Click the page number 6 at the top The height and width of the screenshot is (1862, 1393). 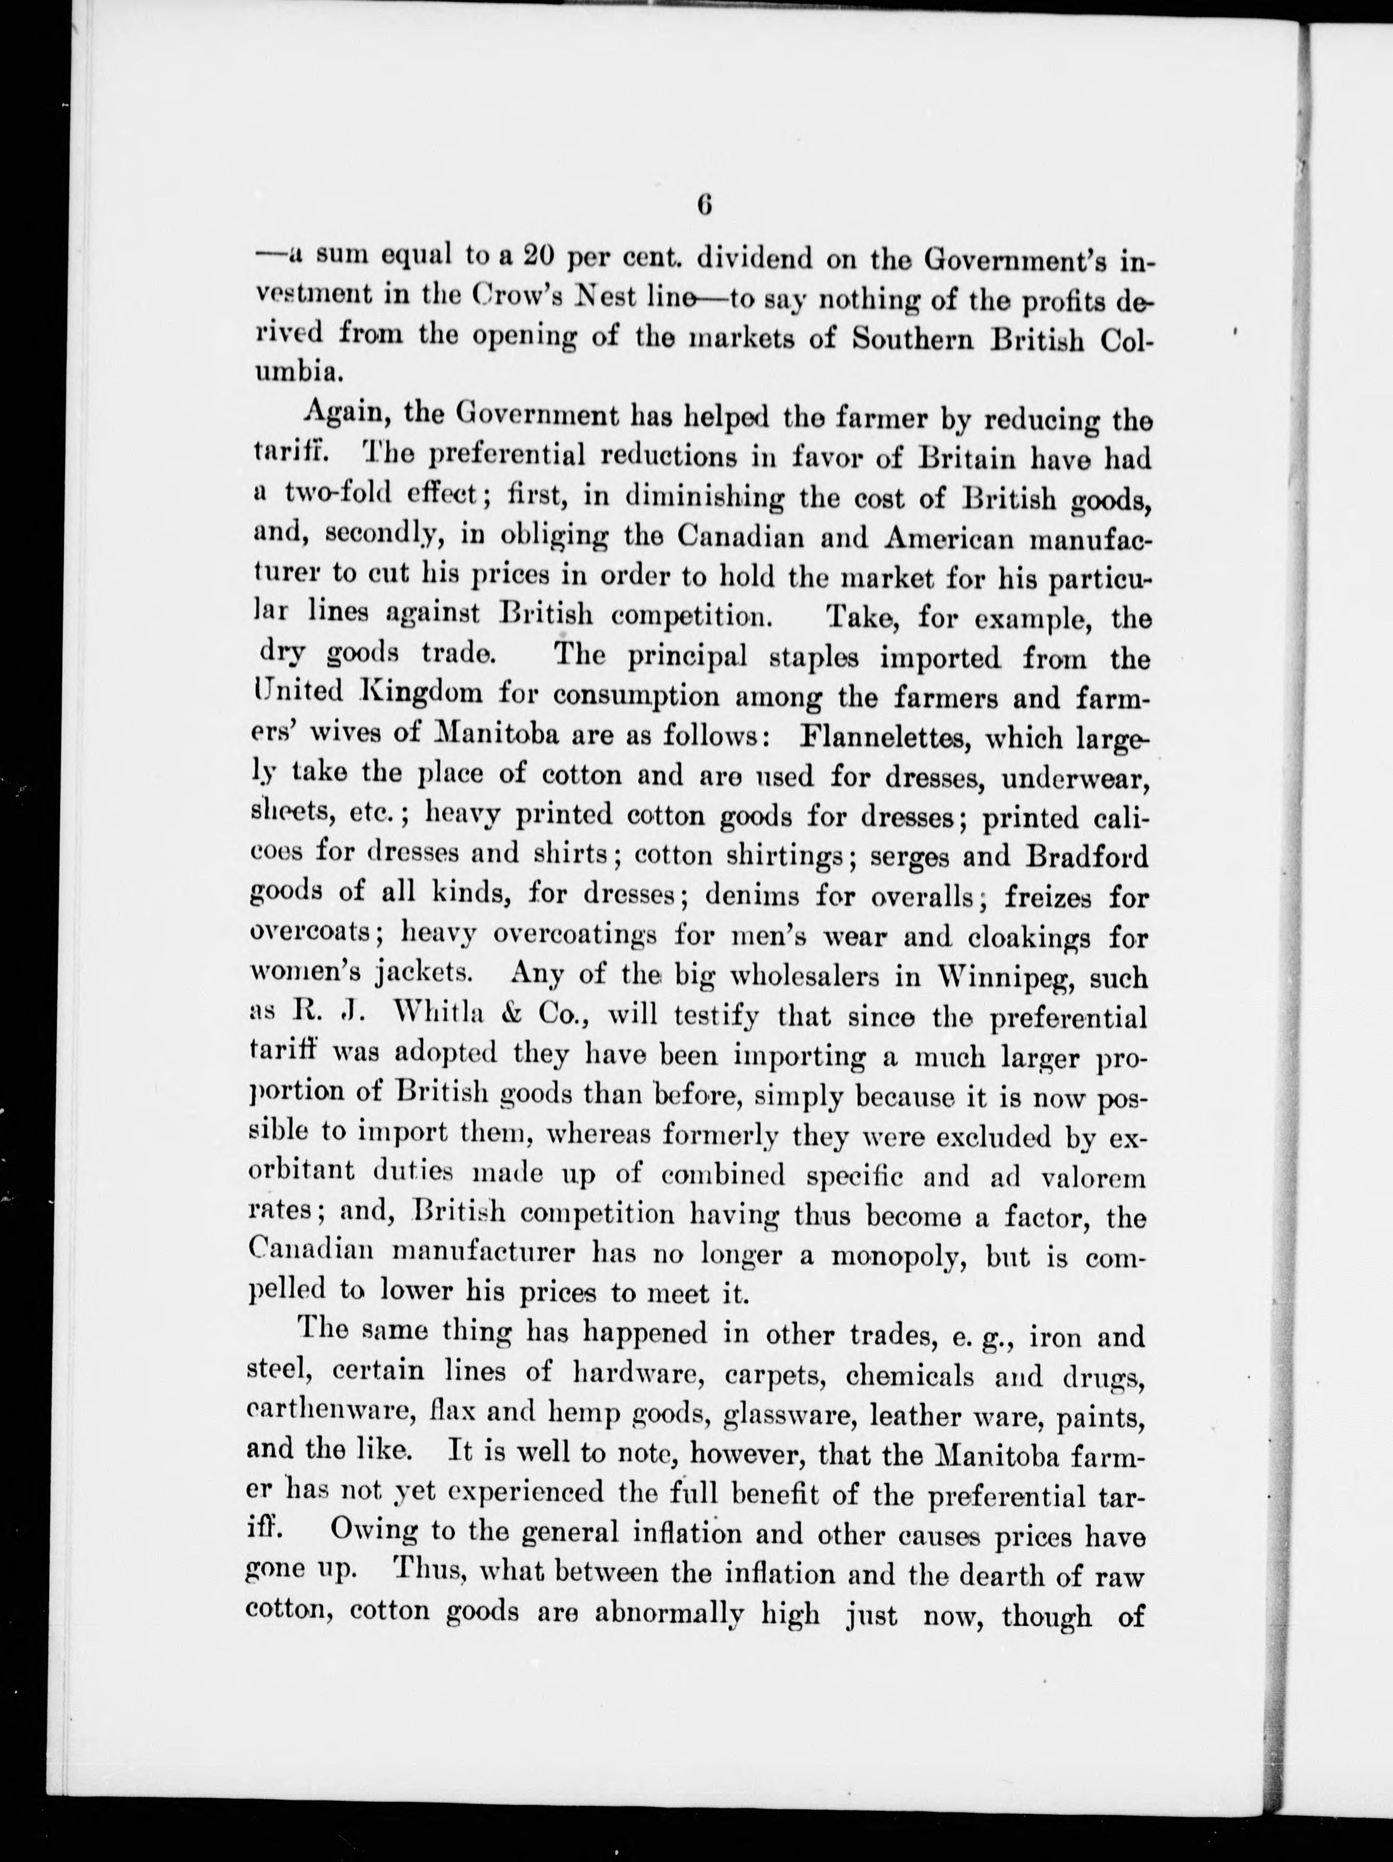(x=705, y=206)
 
